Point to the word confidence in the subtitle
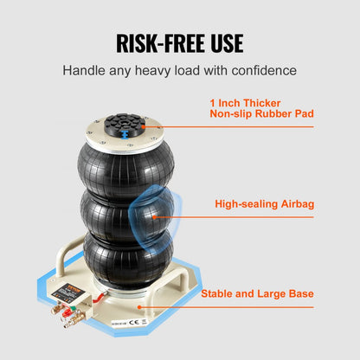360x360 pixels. click(260, 70)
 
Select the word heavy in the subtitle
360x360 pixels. click(153, 70)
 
